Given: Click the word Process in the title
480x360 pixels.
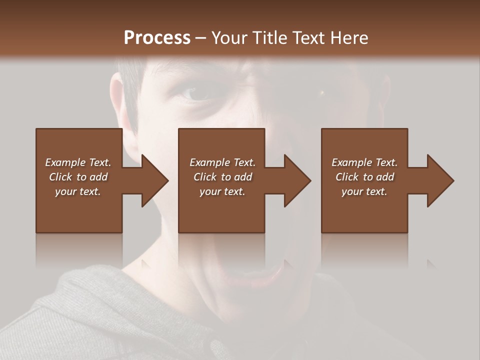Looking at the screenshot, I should pyautogui.click(x=157, y=37).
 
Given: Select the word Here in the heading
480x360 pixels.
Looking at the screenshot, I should pyautogui.click(x=349, y=37).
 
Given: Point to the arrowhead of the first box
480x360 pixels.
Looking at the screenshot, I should pyautogui.click(x=155, y=180).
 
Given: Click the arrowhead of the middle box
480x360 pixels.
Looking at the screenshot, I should pyautogui.click(x=297, y=180).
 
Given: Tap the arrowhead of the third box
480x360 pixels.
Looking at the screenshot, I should pyautogui.click(x=440, y=180).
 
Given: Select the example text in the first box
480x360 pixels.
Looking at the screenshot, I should pyautogui.click(x=78, y=177).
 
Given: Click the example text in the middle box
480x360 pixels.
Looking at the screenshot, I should pyautogui.click(x=222, y=177).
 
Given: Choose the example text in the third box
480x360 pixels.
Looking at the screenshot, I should pyautogui.click(x=364, y=177).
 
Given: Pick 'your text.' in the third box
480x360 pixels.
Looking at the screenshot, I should pyautogui.click(x=364, y=191).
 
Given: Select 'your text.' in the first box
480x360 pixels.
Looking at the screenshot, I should pyautogui.click(x=78, y=191).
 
